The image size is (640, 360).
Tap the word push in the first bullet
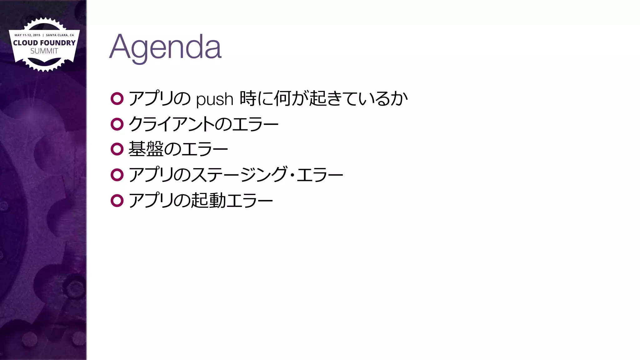pyautogui.click(x=215, y=99)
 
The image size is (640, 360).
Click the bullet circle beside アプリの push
pyautogui.click(x=117, y=99)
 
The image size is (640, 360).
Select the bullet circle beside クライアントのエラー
pyautogui.click(x=117, y=124)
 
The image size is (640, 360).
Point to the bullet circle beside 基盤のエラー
pyautogui.click(x=117, y=149)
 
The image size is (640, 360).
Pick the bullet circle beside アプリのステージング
pyautogui.click(x=117, y=175)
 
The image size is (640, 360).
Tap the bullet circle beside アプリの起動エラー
pyautogui.click(x=117, y=201)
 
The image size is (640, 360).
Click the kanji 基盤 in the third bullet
pyautogui.click(x=146, y=149)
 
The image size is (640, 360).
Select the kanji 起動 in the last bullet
pyautogui.click(x=208, y=200)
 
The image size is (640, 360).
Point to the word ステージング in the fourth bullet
pyautogui.click(x=239, y=175)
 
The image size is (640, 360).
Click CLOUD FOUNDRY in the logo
pyautogui.click(x=44, y=43)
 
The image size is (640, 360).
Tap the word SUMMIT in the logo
pyautogui.click(x=44, y=51)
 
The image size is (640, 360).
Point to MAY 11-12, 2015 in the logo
pyautogui.click(x=27, y=35)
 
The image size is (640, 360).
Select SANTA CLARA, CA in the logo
pyautogui.click(x=60, y=35)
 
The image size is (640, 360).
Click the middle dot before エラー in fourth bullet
pyautogui.click(x=292, y=175)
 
